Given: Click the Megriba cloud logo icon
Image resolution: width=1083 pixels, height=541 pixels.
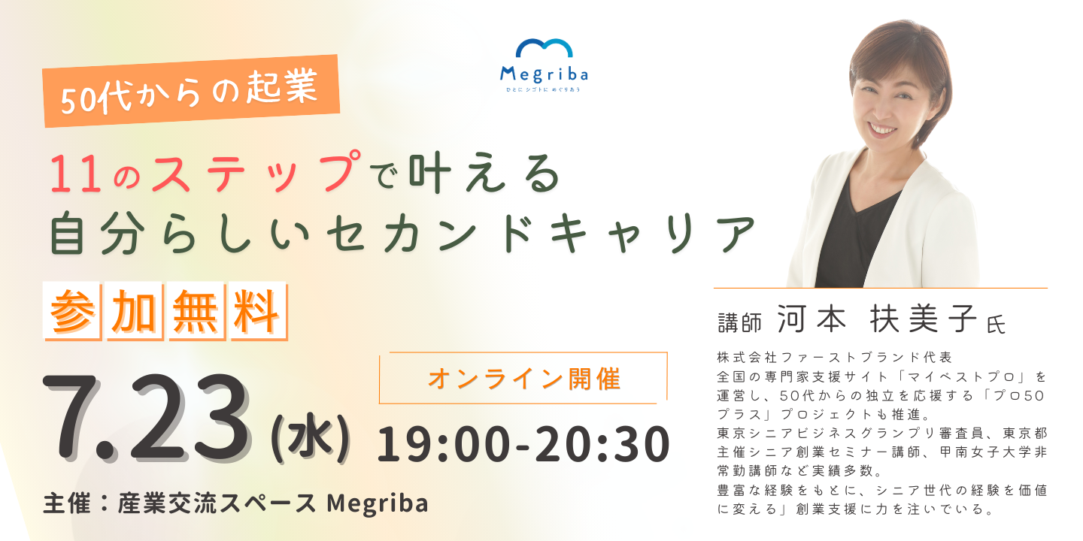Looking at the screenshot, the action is point(544,48).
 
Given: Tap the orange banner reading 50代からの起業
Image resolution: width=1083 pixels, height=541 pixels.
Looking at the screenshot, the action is point(192,91).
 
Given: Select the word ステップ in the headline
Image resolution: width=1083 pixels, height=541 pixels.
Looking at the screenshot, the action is point(256,171).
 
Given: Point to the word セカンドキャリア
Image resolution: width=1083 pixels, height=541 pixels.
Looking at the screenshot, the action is point(541,234).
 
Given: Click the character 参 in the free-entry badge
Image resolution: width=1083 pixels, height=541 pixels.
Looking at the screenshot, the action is point(71,312).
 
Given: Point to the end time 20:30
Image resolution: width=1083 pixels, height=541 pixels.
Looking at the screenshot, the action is point(602,444).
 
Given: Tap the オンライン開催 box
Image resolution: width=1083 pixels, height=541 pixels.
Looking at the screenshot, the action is point(523,378).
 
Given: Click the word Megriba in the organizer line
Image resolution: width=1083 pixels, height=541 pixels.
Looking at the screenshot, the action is point(378,503).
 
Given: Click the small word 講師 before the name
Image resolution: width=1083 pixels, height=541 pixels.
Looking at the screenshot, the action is point(740,322).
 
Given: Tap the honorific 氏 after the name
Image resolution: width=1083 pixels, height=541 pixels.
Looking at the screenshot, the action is point(997,324).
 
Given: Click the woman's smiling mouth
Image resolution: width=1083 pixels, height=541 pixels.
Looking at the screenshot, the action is point(883,129).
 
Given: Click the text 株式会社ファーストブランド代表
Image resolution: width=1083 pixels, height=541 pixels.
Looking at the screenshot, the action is point(835,358).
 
